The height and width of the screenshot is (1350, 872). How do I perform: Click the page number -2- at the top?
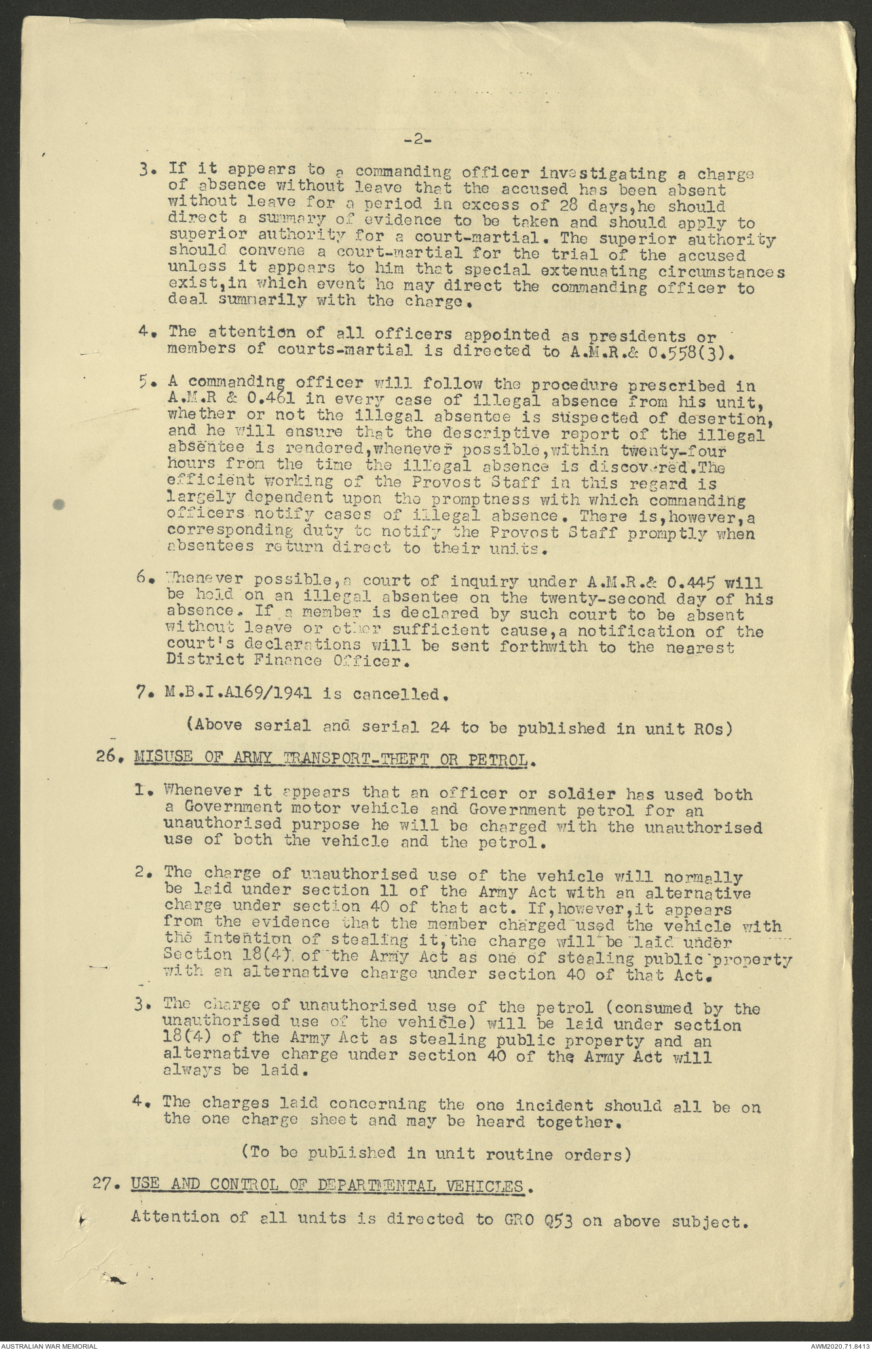(x=417, y=139)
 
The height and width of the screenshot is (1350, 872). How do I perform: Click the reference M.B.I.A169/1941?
(x=238, y=694)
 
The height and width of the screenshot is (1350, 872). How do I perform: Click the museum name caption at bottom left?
(x=50, y=1345)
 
